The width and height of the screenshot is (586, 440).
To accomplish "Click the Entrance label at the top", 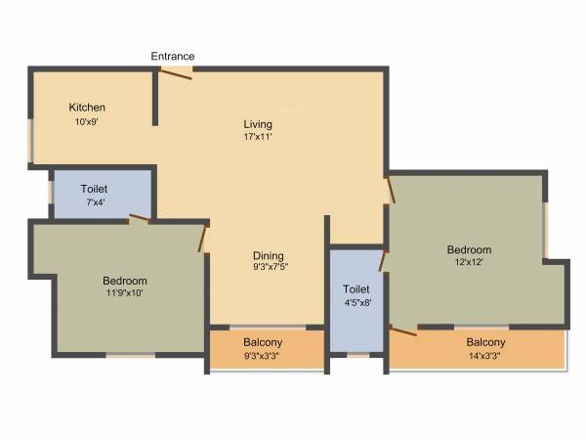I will (172, 56).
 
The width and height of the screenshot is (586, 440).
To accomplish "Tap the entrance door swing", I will (176, 74).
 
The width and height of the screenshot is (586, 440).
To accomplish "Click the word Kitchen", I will (87, 108).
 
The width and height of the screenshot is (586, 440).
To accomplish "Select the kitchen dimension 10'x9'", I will (87, 122).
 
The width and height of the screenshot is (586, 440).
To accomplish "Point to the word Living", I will (258, 124).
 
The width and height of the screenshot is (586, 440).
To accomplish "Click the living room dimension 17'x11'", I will (258, 138).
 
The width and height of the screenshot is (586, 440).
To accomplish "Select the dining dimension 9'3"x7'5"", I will (271, 266).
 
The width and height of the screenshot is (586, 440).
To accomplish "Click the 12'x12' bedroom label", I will (469, 249).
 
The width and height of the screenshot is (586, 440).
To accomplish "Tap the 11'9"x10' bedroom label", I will (124, 281).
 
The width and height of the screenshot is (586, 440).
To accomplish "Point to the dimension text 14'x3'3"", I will (485, 357).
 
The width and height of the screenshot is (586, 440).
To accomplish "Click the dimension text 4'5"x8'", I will (356, 303).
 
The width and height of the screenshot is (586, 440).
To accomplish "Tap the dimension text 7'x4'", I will (94, 202).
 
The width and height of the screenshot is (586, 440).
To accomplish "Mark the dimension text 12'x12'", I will (469, 262).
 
